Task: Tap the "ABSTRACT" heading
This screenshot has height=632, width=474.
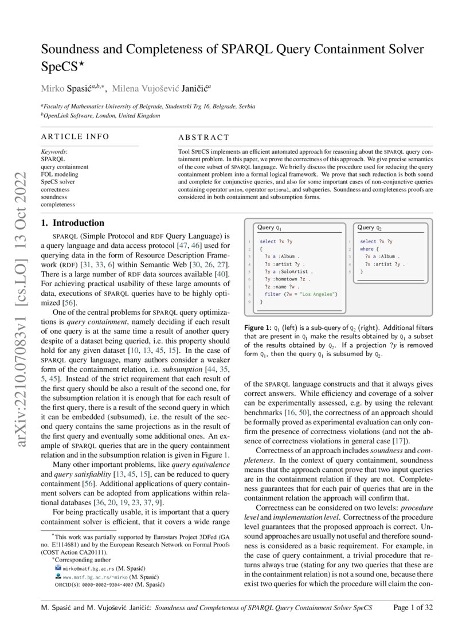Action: click(203, 138)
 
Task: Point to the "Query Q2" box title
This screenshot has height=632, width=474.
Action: click(370, 228)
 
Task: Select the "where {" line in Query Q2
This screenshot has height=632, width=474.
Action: click(369, 249)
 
